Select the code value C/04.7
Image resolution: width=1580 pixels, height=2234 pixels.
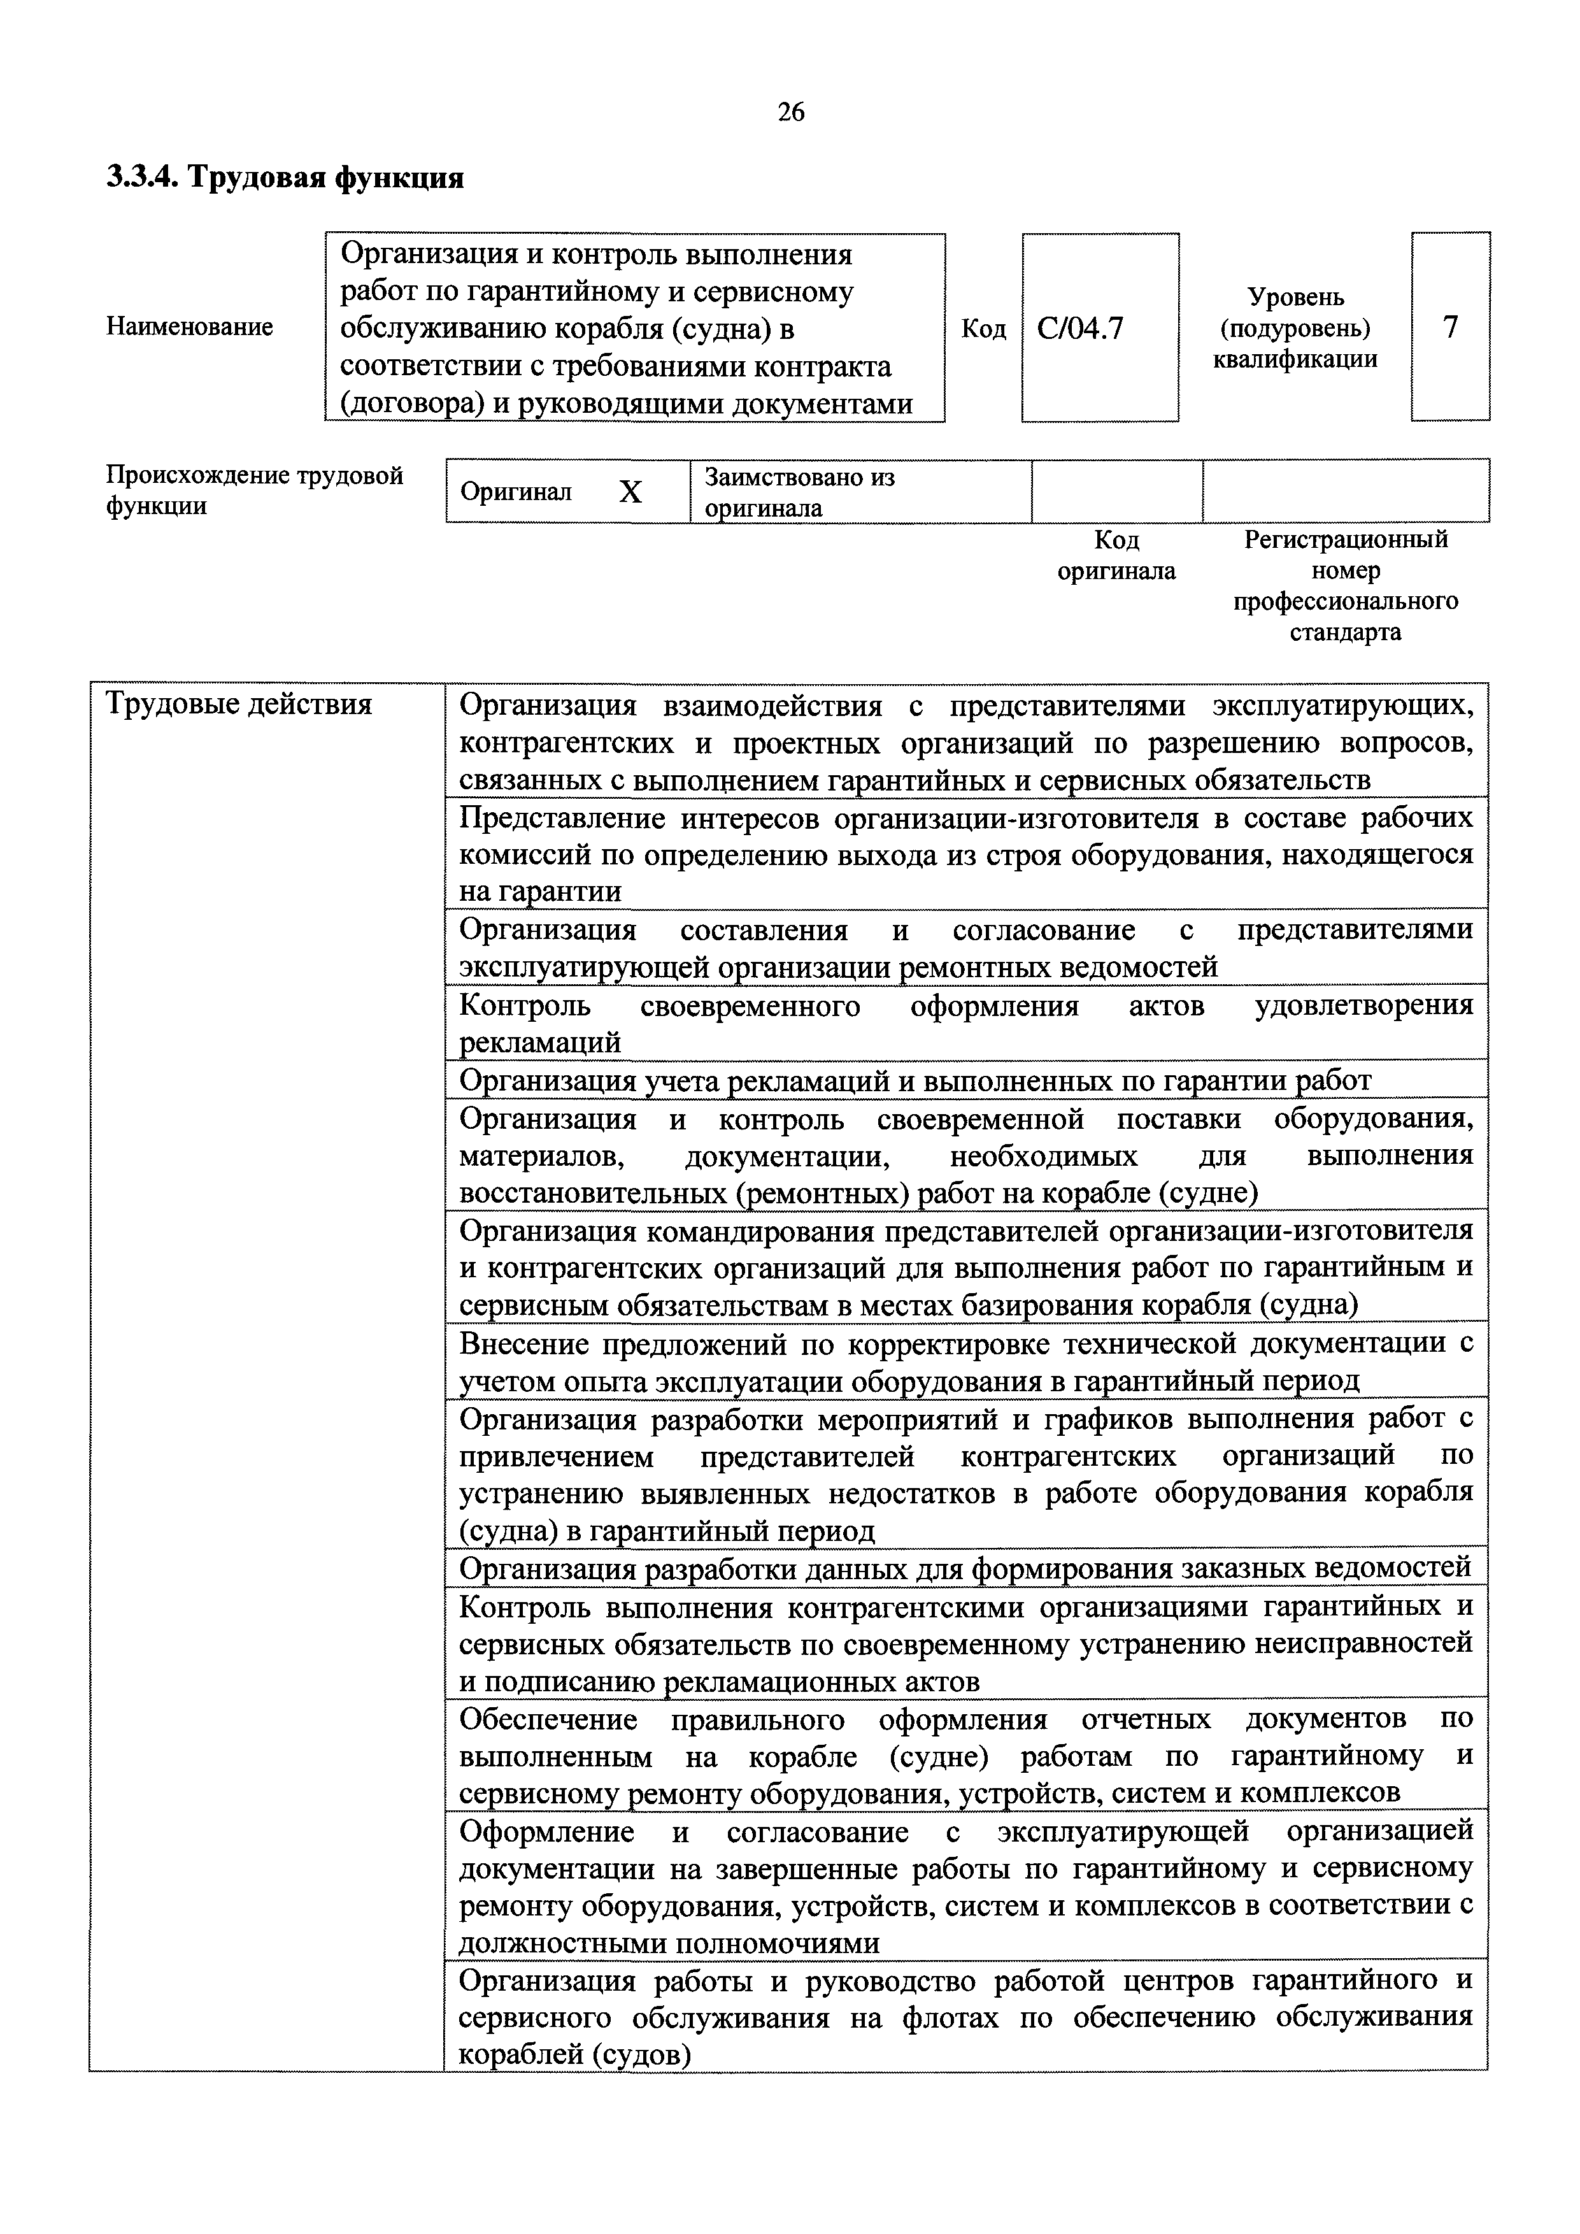(x=1080, y=329)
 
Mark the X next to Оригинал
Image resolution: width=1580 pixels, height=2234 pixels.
(x=630, y=492)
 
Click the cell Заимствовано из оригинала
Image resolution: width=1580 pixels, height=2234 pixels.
(x=800, y=491)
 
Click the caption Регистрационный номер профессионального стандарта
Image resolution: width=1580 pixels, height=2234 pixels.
(x=1346, y=585)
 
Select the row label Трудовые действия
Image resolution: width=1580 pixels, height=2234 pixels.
(x=238, y=703)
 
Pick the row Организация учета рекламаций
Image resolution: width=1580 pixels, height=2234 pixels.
(x=915, y=1080)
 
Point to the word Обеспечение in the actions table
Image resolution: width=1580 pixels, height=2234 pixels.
(x=548, y=1719)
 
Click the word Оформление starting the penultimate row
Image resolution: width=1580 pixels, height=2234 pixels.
(x=547, y=1832)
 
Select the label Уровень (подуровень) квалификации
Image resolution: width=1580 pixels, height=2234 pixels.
(x=1295, y=328)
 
